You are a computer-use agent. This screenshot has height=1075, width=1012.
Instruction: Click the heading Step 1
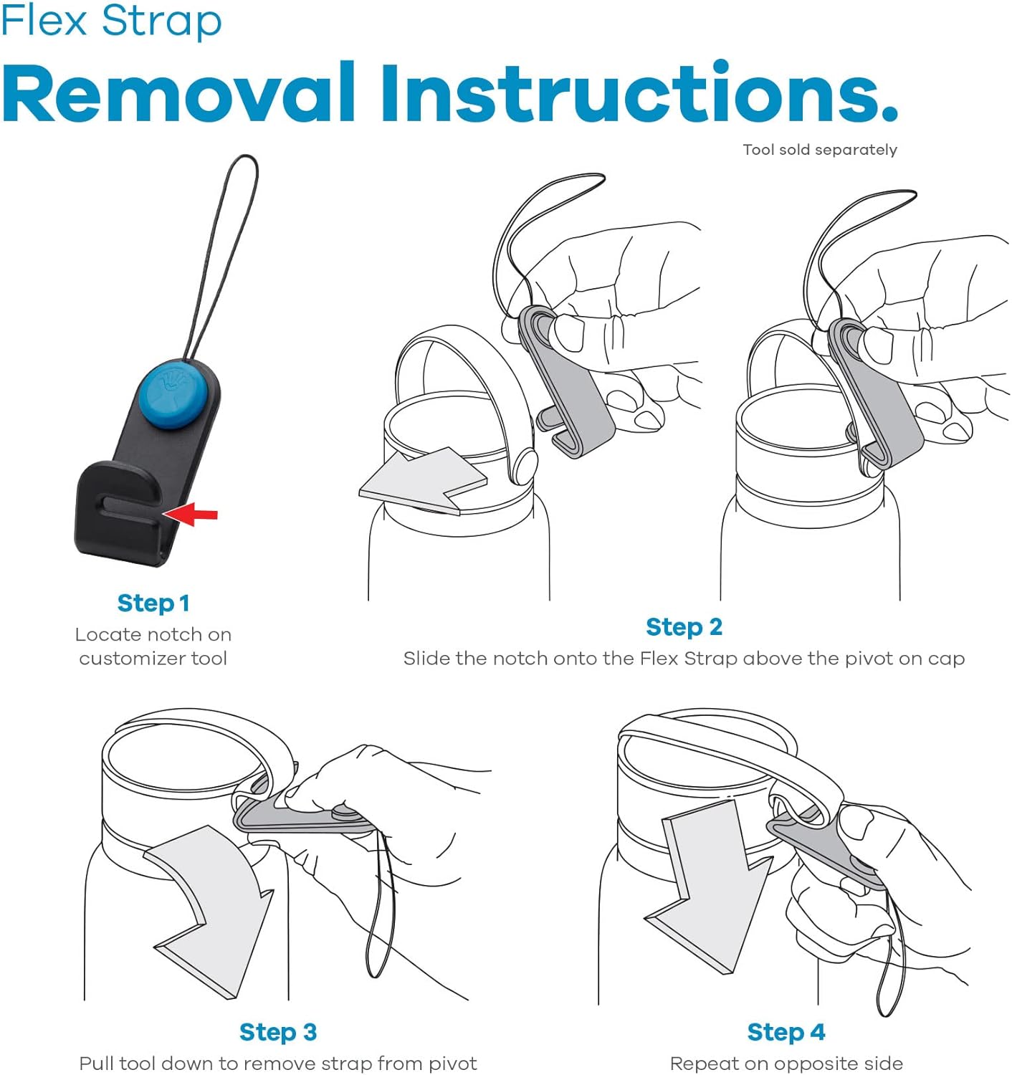click(x=154, y=603)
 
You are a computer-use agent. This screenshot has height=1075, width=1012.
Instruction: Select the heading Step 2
click(x=684, y=627)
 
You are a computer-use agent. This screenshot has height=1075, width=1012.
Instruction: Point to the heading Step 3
click(x=278, y=1032)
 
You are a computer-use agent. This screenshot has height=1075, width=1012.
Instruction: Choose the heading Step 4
click(x=786, y=1032)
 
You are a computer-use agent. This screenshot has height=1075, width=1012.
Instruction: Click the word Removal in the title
click(x=179, y=93)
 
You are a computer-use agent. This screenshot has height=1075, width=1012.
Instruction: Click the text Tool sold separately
click(x=820, y=150)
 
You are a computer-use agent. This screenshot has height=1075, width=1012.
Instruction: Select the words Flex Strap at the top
click(x=112, y=21)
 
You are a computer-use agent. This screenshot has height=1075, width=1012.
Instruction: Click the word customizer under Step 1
click(x=132, y=659)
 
